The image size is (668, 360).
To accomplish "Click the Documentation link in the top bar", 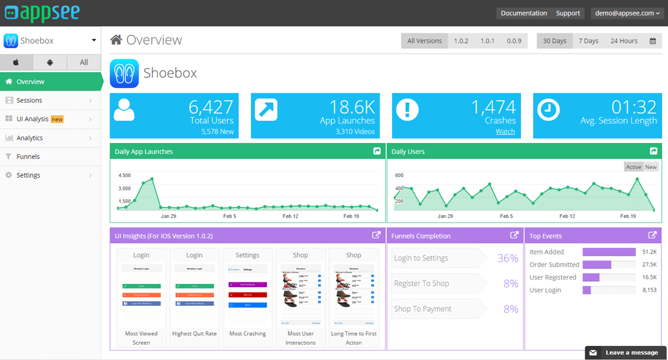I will (524, 13).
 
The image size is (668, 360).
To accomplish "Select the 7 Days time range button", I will (588, 41).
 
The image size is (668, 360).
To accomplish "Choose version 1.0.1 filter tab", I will (488, 41).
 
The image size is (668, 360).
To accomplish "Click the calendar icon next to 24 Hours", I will (653, 41).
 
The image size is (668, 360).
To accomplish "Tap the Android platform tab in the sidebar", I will (50, 62).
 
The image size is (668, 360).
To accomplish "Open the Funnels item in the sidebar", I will (28, 156).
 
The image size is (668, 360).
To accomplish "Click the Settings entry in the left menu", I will (28, 175).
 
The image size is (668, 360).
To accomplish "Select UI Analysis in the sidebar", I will (33, 119).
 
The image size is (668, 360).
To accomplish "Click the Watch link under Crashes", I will (505, 132).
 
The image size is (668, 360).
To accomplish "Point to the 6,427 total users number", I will (210, 107).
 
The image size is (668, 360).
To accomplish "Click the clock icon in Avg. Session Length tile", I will (548, 110).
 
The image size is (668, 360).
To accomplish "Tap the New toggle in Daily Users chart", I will (650, 167).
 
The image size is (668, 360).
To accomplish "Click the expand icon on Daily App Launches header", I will (377, 152).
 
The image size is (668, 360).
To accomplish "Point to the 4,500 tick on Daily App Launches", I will (124, 176).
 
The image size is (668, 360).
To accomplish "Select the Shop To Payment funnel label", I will (423, 309).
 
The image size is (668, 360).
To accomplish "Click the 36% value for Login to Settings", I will (508, 258).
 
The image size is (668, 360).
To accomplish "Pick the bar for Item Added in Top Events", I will (609, 252).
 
